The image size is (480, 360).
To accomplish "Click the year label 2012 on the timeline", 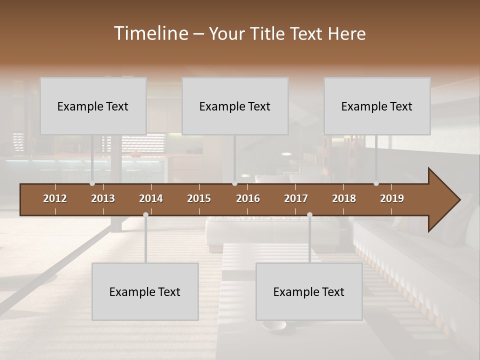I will coord(55,198).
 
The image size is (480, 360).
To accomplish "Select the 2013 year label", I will coord(103,198).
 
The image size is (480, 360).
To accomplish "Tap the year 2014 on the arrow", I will coord(151,198).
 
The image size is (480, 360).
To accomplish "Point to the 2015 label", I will coord(199,198).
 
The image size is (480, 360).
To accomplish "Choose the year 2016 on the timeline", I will coord(248,198).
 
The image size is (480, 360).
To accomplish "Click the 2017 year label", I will coord(296,198).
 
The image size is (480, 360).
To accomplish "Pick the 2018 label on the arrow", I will coord(344,198).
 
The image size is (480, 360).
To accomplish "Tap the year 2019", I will coord(392,198).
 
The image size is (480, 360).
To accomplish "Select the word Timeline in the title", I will coord(150,33).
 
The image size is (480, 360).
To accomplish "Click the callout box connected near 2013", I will coord(93,106).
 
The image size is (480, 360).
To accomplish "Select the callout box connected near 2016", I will coord(235,106).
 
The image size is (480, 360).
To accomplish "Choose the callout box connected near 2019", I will coord(377,106).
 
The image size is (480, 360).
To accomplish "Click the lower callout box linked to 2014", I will coord(145,291).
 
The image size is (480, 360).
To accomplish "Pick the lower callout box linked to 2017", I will coord(309,291).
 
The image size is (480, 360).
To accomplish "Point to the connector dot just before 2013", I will coord(92,183).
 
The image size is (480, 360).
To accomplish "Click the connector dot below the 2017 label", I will coord(309,215).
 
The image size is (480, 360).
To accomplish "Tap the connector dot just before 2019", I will coord(376,183).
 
